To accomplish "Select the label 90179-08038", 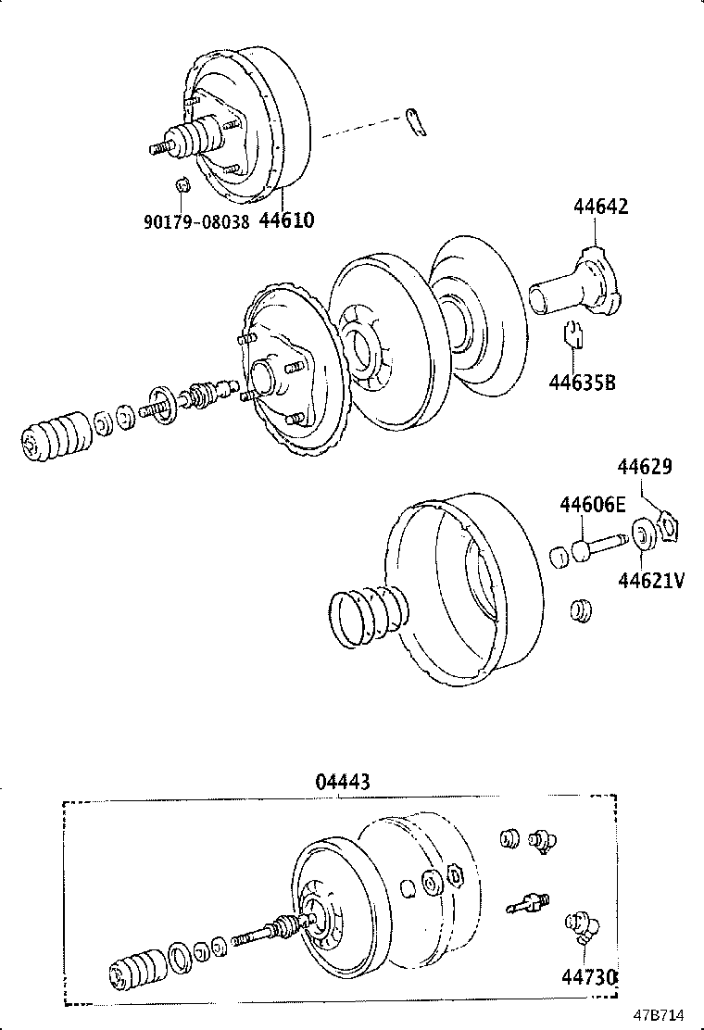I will [x=196, y=222].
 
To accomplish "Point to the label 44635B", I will [x=581, y=381].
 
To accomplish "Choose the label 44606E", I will [x=592, y=504].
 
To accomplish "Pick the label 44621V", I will [x=651, y=580].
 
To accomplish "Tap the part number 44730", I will [x=588, y=977].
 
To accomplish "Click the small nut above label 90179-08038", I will [x=182, y=183].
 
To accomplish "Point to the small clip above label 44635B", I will [x=572, y=333].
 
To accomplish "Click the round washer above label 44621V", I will [x=640, y=535].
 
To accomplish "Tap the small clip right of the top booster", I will [x=416, y=123].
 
